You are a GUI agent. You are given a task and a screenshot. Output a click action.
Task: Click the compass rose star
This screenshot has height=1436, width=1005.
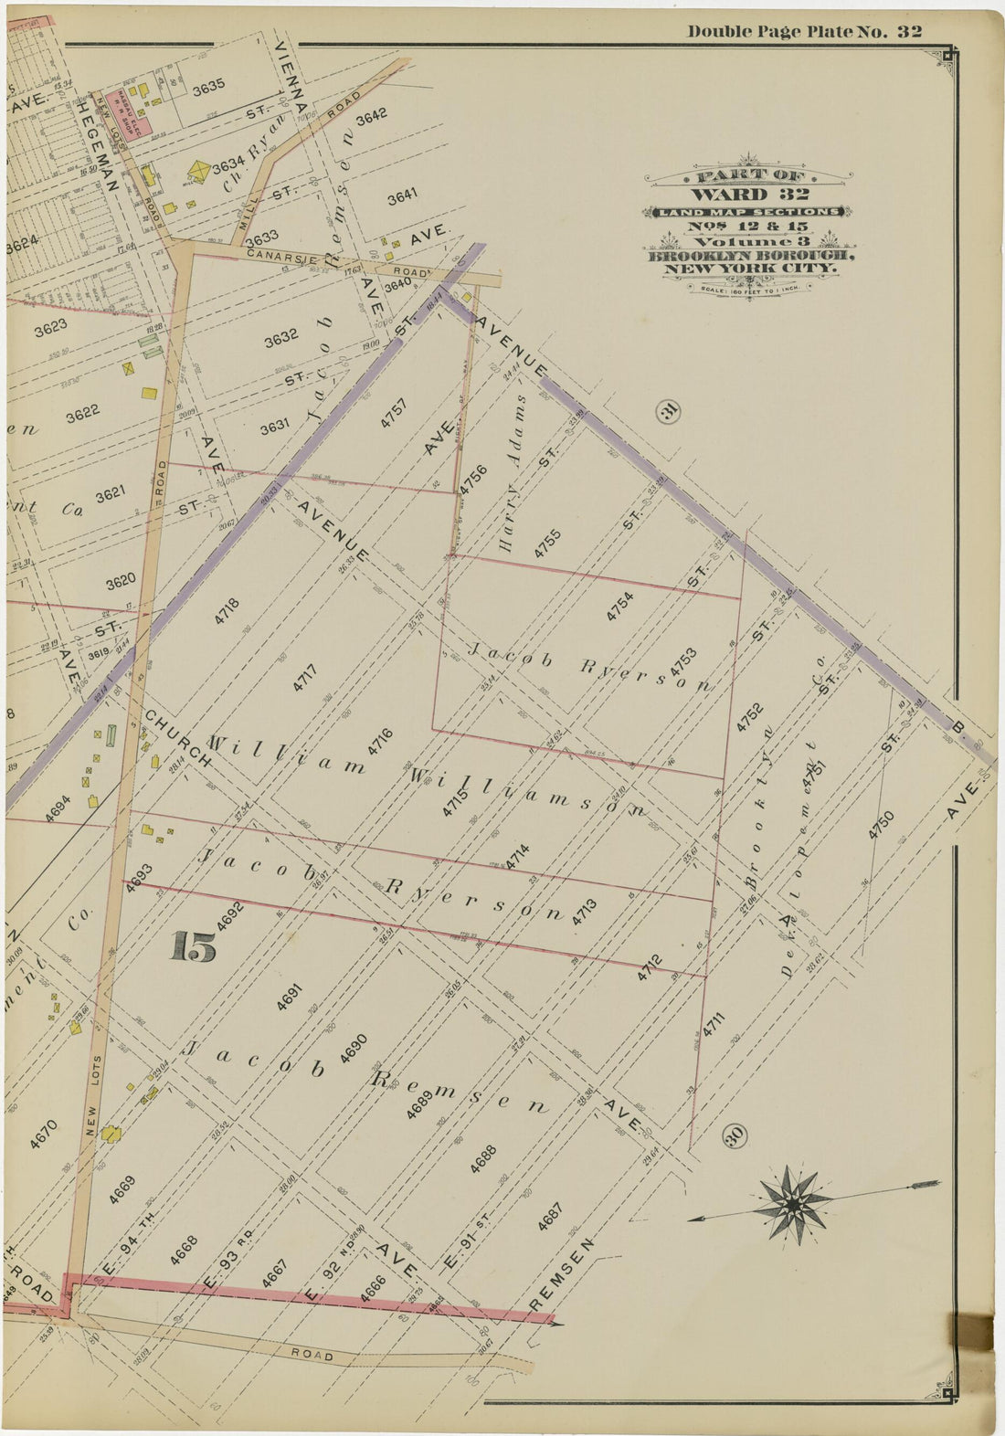click(x=793, y=1205)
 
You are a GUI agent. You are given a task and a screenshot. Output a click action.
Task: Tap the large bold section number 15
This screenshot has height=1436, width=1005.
click(x=193, y=947)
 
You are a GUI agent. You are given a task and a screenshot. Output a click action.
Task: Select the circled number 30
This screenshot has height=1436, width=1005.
click(x=735, y=1135)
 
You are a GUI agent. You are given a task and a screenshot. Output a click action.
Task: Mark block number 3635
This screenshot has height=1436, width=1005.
click(x=208, y=89)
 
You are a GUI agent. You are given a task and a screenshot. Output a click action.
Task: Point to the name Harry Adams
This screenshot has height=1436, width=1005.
click(x=514, y=472)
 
